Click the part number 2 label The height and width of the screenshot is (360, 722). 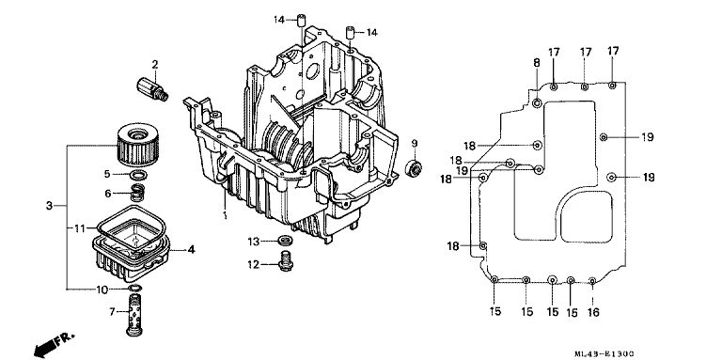(x=155, y=65)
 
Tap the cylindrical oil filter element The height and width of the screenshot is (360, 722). (x=138, y=145)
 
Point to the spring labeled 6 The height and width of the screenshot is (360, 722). (x=136, y=193)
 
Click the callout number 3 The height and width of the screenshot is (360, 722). (x=49, y=206)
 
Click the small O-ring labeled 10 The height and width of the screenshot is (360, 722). (x=135, y=289)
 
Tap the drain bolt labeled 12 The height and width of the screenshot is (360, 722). (x=286, y=261)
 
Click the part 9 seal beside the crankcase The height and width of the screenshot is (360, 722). (x=414, y=168)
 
